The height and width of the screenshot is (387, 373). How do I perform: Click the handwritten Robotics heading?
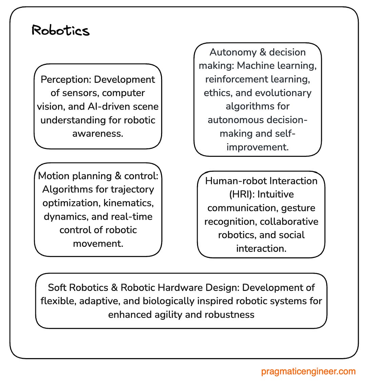(x=60, y=31)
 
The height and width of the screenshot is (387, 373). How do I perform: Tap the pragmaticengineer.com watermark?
(x=308, y=371)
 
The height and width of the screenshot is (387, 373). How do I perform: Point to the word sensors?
(x=80, y=93)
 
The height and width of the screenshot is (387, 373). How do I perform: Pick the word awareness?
(x=98, y=134)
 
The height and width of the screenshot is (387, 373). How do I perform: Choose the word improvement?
(x=257, y=147)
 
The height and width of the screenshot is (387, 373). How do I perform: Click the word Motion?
(x=53, y=176)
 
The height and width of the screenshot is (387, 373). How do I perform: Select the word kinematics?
(x=128, y=203)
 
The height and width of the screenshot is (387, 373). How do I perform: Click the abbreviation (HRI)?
(x=241, y=195)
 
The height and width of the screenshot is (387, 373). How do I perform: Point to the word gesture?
(x=298, y=208)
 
